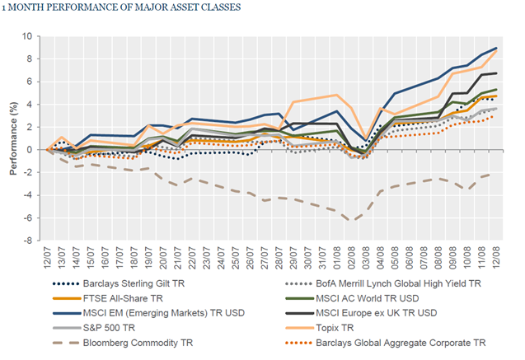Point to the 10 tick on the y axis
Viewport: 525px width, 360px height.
tap(33, 36)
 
